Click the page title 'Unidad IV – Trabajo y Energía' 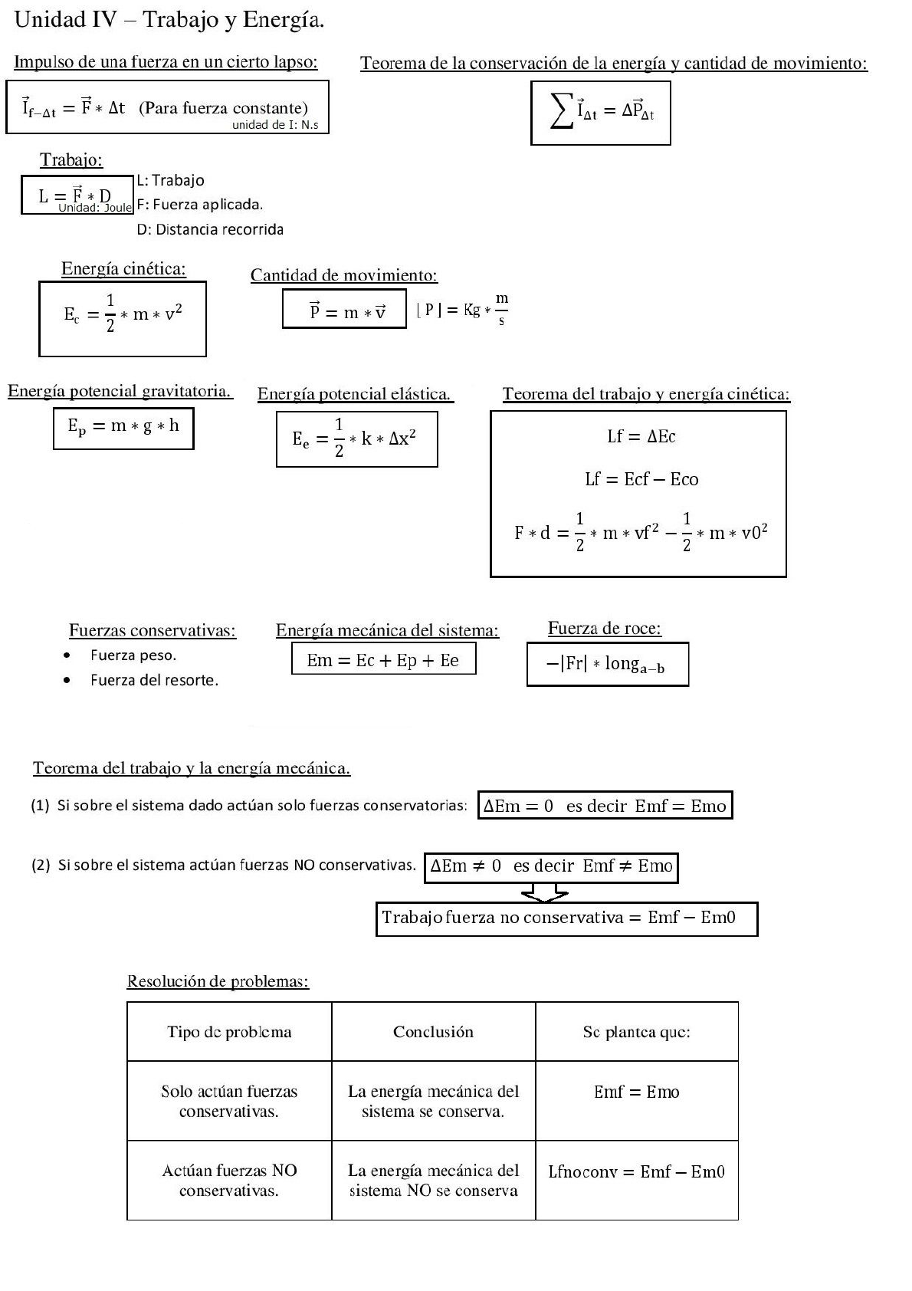coord(169,21)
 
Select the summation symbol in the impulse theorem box coord(562,112)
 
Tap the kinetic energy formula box coord(123,318)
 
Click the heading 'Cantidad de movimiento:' coord(344,276)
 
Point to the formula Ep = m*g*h coord(123,428)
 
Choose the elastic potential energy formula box coord(356,439)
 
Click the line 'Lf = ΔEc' coord(641,437)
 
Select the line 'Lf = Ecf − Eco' coord(641,480)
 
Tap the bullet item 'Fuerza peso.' coord(133,655)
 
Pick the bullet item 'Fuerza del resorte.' coord(154,680)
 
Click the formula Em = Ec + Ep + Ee coord(383,660)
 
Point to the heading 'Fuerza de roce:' coord(605,629)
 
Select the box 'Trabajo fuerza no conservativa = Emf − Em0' coord(566,918)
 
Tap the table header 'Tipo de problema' coord(229,1032)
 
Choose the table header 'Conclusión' coord(433,1032)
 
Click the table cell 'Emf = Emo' coord(637,1092)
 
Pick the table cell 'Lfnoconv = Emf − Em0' coord(637,1171)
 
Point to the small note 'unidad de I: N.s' coord(275,125)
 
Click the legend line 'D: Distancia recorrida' coord(210,229)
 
